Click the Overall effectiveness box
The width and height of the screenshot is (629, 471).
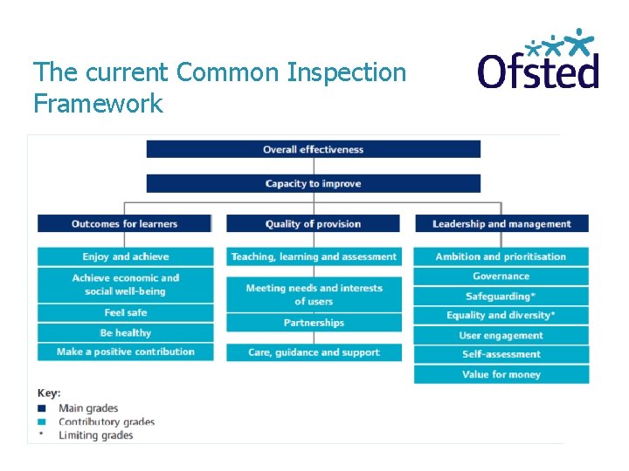[313, 149]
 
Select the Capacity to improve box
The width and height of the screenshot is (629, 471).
[313, 183]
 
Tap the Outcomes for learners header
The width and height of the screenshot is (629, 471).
[124, 224]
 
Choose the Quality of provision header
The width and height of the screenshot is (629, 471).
[313, 224]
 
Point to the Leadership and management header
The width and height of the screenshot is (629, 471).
[501, 224]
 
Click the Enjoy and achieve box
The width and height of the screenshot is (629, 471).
[125, 256]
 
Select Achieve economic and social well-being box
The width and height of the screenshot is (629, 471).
[125, 284]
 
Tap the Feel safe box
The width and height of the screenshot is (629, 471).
[125, 312]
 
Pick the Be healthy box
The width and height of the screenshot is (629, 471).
[125, 332]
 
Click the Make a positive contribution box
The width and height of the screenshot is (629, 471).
[125, 352]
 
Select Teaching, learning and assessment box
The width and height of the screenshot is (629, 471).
[314, 256]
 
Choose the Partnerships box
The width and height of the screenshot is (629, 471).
[314, 323]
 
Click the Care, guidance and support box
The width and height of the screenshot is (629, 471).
[314, 352]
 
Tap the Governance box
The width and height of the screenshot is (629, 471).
[501, 276]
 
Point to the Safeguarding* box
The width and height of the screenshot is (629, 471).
[501, 296]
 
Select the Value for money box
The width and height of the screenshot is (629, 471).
[501, 374]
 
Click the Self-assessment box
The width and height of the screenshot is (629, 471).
[501, 354]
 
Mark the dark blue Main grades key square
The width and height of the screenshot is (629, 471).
[41, 408]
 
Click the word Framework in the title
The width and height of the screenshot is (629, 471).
[98, 104]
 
